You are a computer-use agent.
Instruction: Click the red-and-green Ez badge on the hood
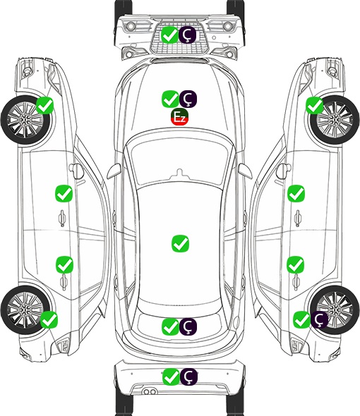[179, 116]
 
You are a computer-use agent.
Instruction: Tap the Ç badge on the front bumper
[187, 35]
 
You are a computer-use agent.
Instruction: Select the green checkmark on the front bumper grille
[169, 35]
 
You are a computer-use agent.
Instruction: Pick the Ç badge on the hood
[188, 99]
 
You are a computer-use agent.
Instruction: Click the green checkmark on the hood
[170, 99]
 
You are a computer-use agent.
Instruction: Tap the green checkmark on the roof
[181, 243]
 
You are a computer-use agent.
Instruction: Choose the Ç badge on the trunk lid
[188, 326]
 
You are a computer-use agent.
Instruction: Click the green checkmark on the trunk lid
[170, 326]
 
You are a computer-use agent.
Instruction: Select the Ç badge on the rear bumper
[188, 377]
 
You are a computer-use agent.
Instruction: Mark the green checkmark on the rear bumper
[171, 377]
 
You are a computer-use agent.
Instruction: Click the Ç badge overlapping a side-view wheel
[319, 319]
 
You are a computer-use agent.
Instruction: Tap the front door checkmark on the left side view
[64, 193]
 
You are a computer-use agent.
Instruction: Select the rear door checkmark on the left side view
[64, 264]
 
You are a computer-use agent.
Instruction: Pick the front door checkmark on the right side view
[296, 193]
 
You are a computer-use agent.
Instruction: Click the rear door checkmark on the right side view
[296, 264]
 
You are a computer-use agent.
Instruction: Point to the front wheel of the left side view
[25, 120]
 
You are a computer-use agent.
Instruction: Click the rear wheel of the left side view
[25, 310]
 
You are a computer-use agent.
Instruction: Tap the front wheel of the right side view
[335, 120]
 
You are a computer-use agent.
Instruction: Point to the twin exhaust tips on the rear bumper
[150, 391]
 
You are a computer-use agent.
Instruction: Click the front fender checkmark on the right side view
[315, 105]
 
